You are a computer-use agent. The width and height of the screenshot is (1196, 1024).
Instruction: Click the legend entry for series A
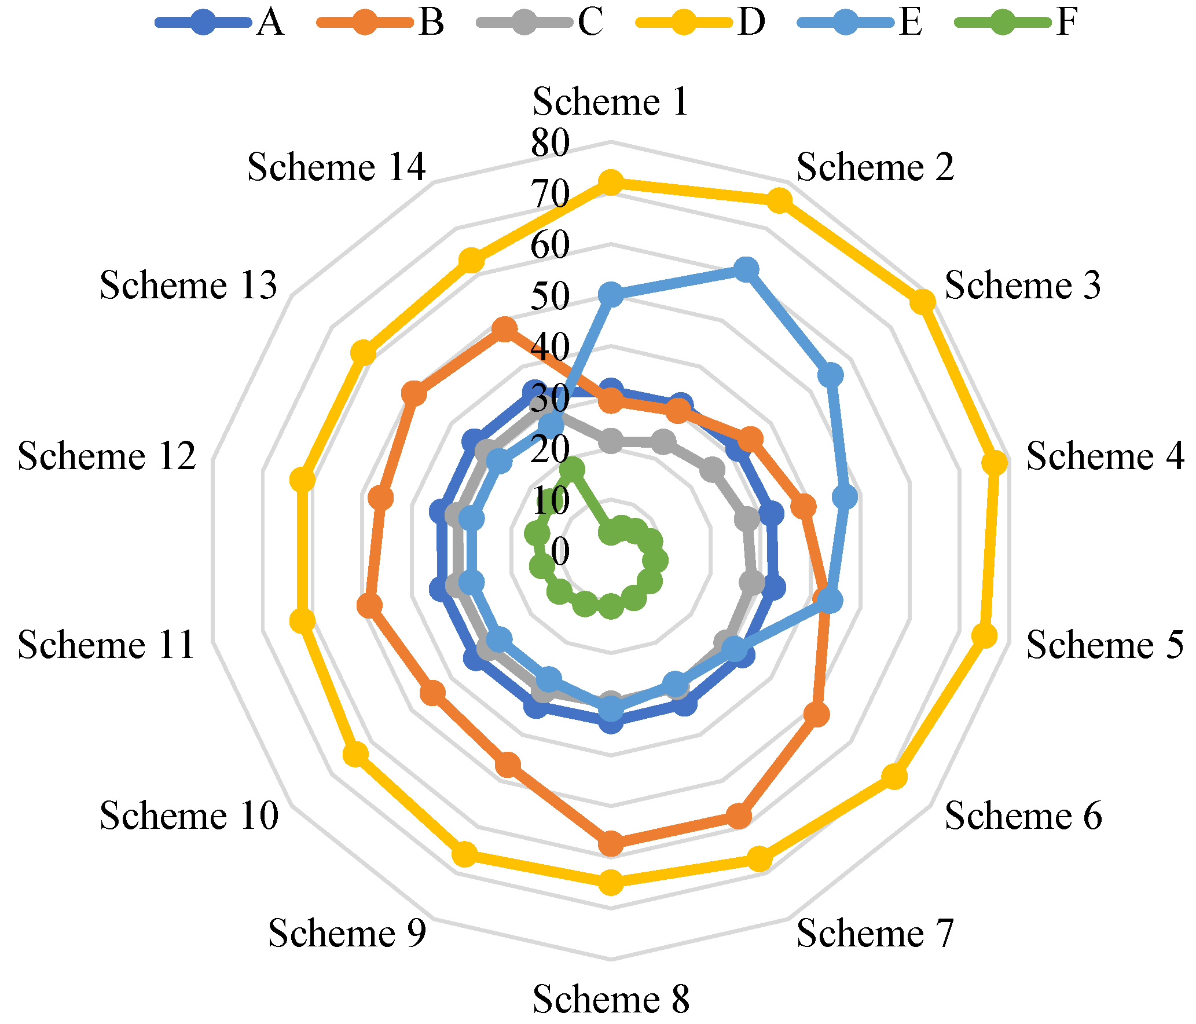click(x=220, y=23)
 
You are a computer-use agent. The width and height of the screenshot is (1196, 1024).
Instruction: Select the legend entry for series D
click(x=700, y=23)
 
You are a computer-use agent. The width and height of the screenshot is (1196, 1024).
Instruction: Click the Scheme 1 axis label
click(x=610, y=102)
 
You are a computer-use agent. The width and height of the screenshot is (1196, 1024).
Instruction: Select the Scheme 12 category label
click(x=107, y=456)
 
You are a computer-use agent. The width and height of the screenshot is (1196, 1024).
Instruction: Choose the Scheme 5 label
click(x=1105, y=645)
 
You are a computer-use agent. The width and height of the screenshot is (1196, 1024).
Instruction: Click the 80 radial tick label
click(x=551, y=143)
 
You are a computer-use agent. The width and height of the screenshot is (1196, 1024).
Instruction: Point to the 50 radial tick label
click(x=551, y=297)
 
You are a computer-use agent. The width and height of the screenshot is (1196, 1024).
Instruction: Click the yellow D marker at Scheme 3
click(x=922, y=302)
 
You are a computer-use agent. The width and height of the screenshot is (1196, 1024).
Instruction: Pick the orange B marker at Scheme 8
click(x=611, y=843)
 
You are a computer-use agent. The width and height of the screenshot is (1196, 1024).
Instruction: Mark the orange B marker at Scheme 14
click(x=504, y=329)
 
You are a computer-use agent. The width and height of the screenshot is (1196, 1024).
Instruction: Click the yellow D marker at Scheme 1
click(x=611, y=182)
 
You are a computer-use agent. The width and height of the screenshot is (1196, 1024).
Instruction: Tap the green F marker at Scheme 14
click(x=573, y=470)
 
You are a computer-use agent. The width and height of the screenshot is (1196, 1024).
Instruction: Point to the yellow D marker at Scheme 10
click(x=355, y=755)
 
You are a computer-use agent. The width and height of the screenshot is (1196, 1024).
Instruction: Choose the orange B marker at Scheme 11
click(x=369, y=606)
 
